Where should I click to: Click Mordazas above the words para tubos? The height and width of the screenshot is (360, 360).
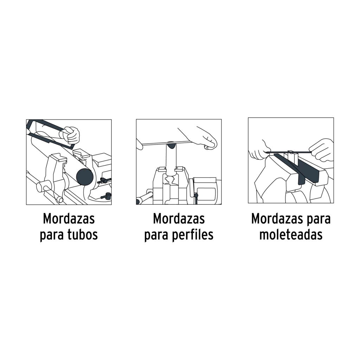click(69, 219)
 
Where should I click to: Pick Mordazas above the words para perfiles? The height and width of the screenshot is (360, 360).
click(179, 219)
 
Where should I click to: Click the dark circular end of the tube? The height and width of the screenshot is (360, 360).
click(85, 177)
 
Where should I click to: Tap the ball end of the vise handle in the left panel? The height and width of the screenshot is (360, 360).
click(60, 200)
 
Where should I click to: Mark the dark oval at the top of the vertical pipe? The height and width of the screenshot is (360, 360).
click(171, 145)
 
